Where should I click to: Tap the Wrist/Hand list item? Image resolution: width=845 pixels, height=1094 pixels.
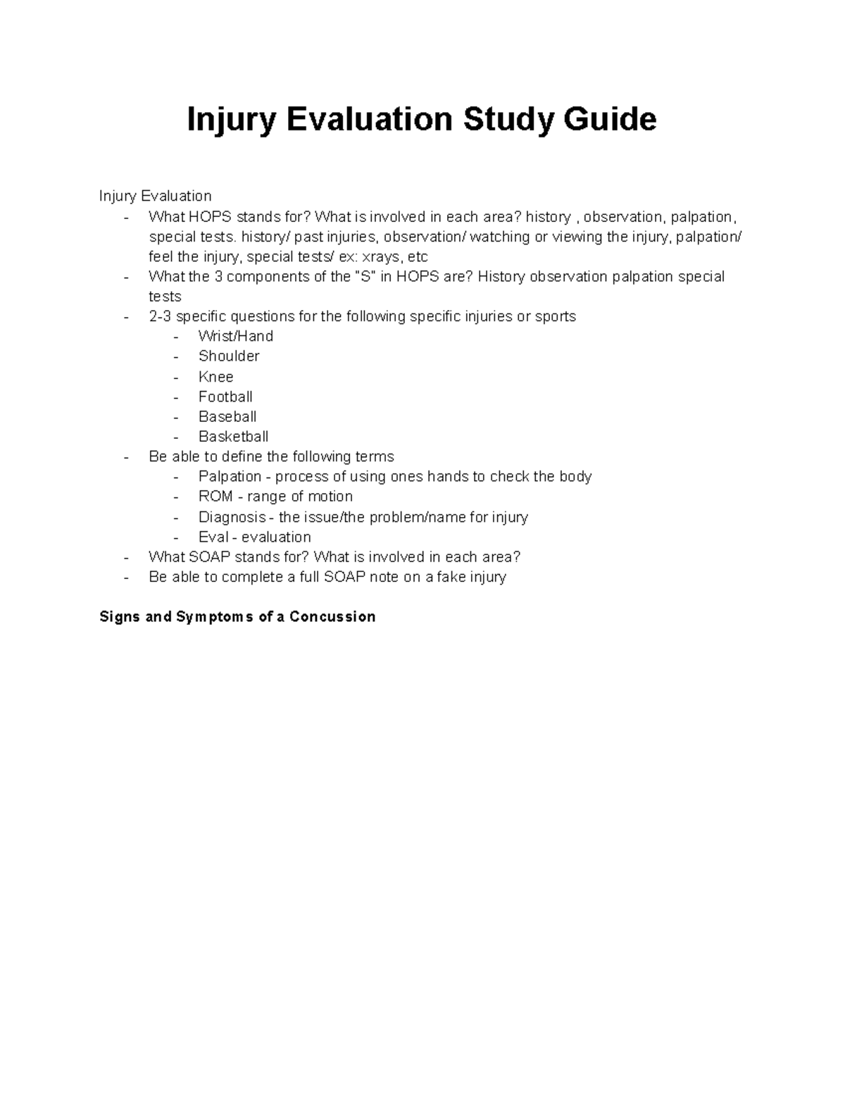[x=235, y=336]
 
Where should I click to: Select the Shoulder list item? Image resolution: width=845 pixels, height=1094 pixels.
[x=229, y=356]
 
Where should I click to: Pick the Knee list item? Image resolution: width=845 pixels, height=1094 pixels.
[x=215, y=376]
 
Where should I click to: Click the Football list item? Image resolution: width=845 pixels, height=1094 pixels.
[x=225, y=397]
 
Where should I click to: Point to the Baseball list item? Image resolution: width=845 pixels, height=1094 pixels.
[x=227, y=416]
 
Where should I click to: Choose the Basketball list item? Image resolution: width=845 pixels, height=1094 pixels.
[x=233, y=437]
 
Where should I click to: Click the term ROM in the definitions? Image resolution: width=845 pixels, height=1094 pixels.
[x=215, y=496]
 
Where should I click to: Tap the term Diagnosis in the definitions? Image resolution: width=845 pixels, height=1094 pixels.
[x=232, y=517]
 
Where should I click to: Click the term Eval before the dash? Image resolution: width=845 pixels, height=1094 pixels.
[x=213, y=537]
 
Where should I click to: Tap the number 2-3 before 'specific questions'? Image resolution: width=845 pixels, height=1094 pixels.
[x=160, y=316]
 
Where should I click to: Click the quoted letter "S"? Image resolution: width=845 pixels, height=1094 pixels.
[x=365, y=276]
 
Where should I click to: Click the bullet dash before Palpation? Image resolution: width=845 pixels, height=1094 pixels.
[x=177, y=477]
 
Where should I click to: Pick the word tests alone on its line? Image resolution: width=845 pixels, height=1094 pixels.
[x=165, y=297]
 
